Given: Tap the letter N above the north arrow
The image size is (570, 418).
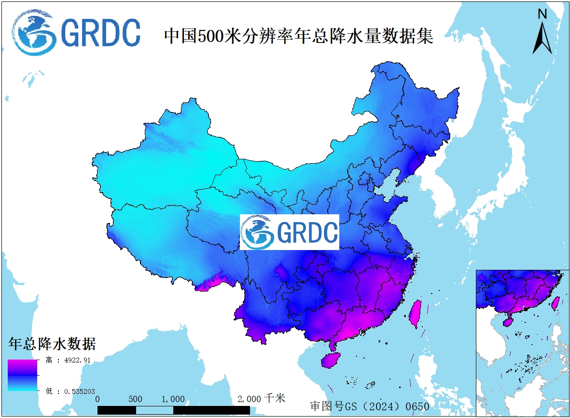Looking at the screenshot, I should click(542, 14).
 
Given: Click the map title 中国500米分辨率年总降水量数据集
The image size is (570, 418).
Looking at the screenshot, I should click(299, 36).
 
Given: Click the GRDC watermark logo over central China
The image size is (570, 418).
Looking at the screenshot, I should click(290, 232).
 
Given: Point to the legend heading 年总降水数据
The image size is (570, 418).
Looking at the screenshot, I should click(52, 344).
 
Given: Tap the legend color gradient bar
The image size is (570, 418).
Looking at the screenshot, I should click(22, 375).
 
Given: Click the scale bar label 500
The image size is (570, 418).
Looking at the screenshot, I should click(136, 399).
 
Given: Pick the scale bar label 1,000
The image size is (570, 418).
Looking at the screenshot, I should click(173, 399).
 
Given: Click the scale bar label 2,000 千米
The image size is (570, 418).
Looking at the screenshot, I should click(261, 399).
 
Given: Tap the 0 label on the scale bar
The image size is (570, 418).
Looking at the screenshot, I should click(98, 399).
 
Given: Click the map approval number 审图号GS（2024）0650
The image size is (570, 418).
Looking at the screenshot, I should click(369, 406).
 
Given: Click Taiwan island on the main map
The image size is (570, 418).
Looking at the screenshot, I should click(415, 314).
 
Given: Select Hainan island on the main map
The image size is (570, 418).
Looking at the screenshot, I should click(332, 360).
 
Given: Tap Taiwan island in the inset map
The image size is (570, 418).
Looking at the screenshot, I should click(555, 303).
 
